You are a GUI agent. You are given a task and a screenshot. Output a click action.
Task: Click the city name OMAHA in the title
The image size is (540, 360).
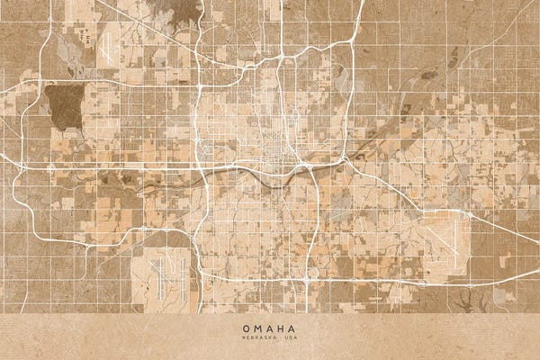(x=270, y=328)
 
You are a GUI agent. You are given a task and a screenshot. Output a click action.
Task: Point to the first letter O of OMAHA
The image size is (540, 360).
(x=245, y=328)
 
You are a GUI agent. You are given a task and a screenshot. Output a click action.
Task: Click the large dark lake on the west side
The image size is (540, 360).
(x=62, y=107)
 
